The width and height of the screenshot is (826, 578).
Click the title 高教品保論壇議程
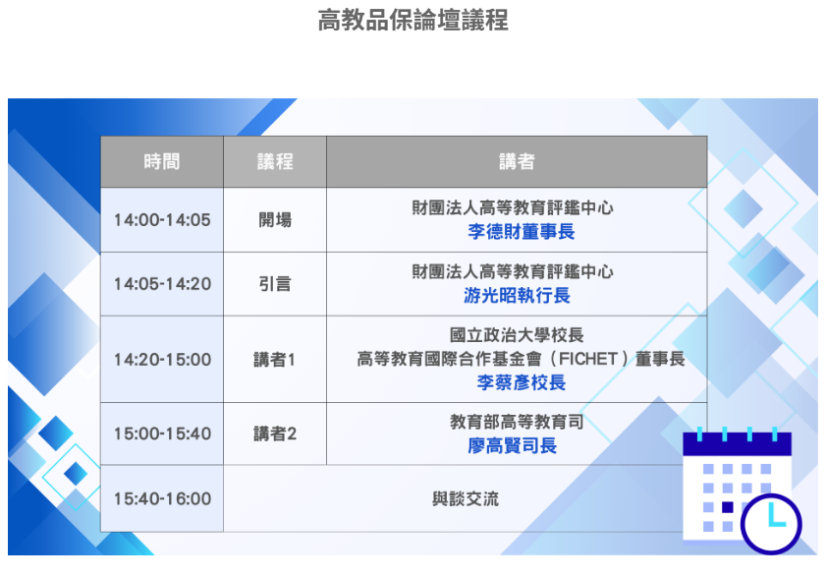[x=413, y=20]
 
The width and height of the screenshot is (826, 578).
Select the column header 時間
[x=162, y=162]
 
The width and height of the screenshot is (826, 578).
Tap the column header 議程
[x=275, y=162]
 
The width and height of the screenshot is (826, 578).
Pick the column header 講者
[x=517, y=162]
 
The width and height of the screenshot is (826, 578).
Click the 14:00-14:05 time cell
[x=162, y=220]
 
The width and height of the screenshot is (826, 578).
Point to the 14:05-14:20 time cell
[x=162, y=284]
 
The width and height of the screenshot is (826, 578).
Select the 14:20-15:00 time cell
[x=162, y=360]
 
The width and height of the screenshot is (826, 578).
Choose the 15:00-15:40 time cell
[x=162, y=433]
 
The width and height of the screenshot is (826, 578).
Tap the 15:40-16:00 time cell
[x=162, y=499]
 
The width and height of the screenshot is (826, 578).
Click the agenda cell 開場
[x=275, y=220]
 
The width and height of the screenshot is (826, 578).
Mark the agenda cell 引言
[x=275, y=284]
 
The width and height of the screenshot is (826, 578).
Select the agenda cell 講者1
[x=275, y=360]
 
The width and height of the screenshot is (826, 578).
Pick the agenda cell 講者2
[x=275, y=433]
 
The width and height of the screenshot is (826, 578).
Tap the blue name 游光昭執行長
[x=517, y=296]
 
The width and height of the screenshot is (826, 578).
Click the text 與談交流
[x=466, y=499]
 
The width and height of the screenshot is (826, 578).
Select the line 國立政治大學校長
[x=517, y=336]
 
